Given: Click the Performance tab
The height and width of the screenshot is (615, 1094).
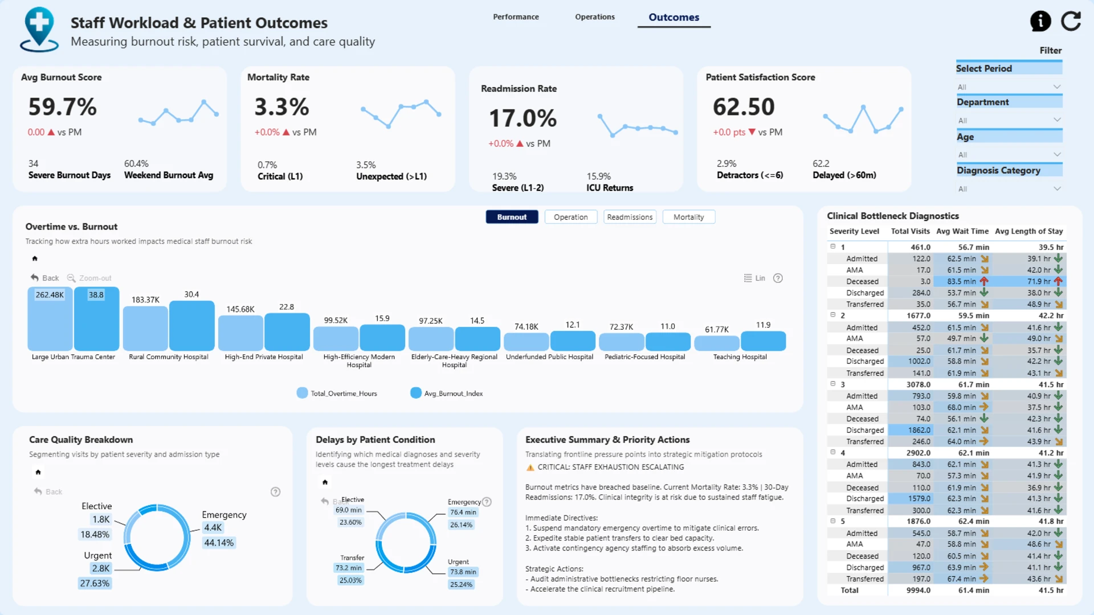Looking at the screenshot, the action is (516, 17).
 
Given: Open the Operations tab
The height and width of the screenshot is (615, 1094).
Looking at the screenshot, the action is (595, 17).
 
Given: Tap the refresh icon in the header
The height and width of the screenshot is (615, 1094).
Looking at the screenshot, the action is (1071, 21).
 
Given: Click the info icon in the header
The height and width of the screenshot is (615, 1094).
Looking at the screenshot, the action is (1040, 21).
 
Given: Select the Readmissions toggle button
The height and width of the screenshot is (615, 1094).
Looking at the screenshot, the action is (630, 217).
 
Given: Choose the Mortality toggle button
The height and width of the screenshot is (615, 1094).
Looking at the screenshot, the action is (688, 217).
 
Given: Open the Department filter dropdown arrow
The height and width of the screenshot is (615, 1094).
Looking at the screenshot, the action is (1057, 120).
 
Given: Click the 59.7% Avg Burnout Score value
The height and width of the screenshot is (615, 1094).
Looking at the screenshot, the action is (63, 107).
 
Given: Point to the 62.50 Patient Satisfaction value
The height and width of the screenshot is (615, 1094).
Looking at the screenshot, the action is (744, 107).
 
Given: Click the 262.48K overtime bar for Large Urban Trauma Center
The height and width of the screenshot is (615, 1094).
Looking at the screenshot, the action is (50, 319).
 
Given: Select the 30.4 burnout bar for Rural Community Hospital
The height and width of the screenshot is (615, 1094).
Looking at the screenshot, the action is (191, 326).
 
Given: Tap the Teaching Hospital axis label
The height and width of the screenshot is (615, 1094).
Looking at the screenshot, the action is (740, 357).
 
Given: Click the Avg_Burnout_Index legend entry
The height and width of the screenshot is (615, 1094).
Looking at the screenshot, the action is (447, 393).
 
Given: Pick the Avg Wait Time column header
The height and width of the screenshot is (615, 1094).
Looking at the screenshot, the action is (962, 231).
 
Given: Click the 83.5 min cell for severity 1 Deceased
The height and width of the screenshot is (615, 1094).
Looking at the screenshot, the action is (962, 281).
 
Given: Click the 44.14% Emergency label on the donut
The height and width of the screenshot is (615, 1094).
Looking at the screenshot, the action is (219, 543).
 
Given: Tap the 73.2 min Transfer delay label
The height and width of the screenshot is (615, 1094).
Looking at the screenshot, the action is (349, 568).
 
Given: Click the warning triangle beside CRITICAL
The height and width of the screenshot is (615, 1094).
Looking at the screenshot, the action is (530, 468).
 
